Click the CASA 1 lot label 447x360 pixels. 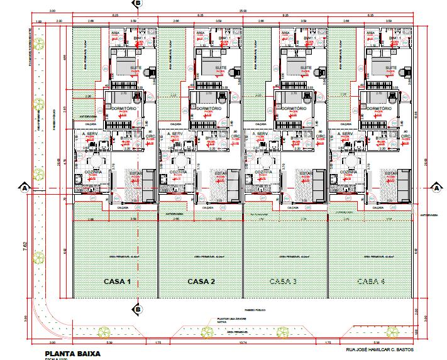[x=116, y=281]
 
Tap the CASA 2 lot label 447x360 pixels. [x=202, y=281]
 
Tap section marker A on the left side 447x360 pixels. [x=24, y=187]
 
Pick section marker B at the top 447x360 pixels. [x=138, y=3]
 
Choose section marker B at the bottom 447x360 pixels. [x=138, y=309]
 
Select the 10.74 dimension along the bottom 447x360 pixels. [x=243, y=343]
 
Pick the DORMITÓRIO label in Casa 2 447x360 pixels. [x=206, y=109]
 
